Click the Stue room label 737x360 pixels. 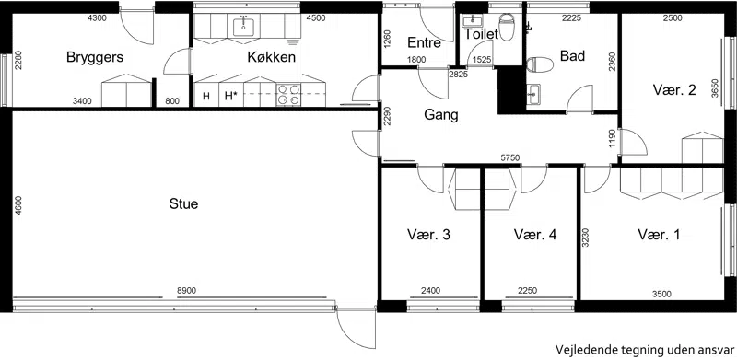[x=183, y=204]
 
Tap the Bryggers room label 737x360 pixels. [x=95, y=58]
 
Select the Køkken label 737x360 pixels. [x=272, y=57]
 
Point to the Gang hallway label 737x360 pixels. [x=441, y=115]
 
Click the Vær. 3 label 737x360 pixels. [x=428, y=235]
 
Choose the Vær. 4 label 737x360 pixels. [x=535, y=235]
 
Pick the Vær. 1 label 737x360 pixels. [x=659, y=235]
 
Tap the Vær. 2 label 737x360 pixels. [x=674, y=90]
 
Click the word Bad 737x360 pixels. [x=572, y=56]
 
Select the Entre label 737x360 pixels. [x=425, y=43]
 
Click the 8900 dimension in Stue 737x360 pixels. [x=186, y=291]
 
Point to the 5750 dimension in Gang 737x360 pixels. [x=510, y=158]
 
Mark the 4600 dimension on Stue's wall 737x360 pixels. [x=18, y=205]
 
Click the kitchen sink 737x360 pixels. [x=243, y=26]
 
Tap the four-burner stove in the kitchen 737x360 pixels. [x=288, y=95]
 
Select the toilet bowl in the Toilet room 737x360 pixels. [x=506, y=27]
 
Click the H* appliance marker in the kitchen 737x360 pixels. [x=230, y=97]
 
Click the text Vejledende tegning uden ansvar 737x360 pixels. [x=644, y=350]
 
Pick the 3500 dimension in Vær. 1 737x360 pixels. [x=661, y=295]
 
